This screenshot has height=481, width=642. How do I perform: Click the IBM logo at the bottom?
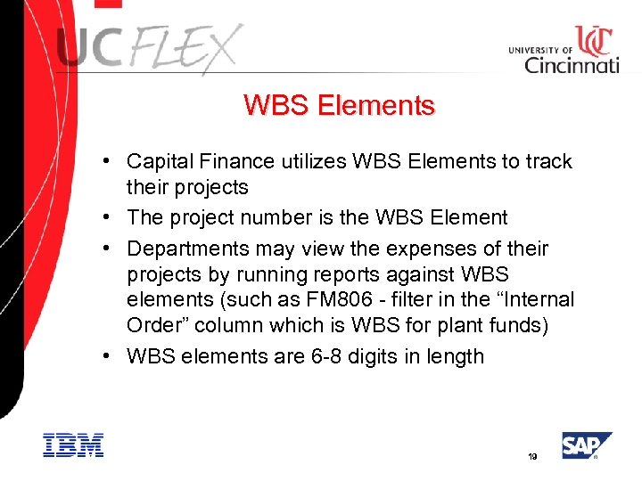[x=73, y=445]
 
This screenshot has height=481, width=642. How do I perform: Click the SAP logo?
[x=585, y=445]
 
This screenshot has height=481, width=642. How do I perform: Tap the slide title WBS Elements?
[x=339, y=106]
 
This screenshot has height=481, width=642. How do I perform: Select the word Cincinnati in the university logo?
[x=572, y=64]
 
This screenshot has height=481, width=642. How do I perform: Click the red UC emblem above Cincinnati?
[x=592, y=39]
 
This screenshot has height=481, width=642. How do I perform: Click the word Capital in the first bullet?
[x=158, y=161]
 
